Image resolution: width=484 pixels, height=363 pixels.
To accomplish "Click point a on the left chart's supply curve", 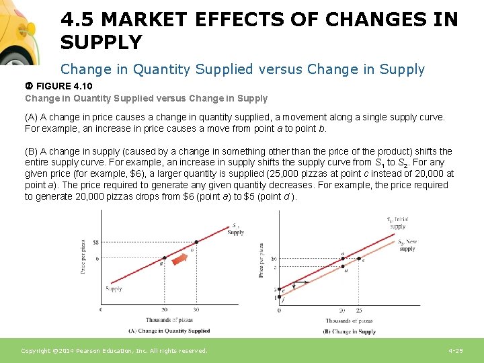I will (x=164, y=258).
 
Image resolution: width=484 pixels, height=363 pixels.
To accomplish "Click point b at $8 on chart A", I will (x=196, y=242).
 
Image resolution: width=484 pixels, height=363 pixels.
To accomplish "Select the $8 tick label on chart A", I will (x=95, y=242).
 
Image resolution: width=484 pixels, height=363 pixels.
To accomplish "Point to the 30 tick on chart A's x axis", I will (x=196, y=310).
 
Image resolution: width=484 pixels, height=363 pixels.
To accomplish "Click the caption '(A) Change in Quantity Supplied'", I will (x=169, y=331).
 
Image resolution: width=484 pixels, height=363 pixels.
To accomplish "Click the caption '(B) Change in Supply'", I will (x=350, y=331).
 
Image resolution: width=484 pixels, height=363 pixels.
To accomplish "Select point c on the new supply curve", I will (x=359, y=258).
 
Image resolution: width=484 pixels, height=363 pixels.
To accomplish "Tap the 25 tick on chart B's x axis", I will (x=359, y=311).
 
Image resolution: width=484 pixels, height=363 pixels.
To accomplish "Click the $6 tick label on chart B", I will (x=274, y=258).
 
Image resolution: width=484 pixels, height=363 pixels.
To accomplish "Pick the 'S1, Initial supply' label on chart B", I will (x=397, y=223).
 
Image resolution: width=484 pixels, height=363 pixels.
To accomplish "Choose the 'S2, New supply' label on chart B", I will (x=406, y=245).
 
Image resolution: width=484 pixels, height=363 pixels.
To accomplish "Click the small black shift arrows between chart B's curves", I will (x=300, y=283).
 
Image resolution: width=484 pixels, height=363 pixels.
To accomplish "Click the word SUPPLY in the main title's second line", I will (x=101, y=43).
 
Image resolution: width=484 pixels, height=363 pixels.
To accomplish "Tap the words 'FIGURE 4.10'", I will (x=64, y=87).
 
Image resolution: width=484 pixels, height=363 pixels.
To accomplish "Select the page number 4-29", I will (x=456, y=351).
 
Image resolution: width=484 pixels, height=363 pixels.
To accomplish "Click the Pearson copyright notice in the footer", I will (x=114, y=351).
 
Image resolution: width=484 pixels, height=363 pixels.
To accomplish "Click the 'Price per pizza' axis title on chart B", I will (x=261, y=261).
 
